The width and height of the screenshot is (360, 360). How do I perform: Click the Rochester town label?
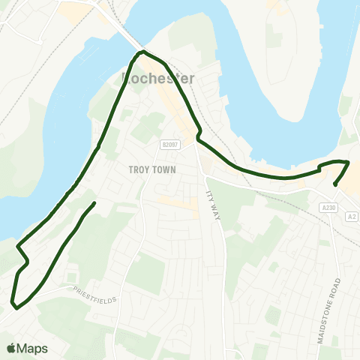(157, 78)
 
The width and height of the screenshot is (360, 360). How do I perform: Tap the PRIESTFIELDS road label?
(95, 295)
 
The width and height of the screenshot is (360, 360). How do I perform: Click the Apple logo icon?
(11, 349)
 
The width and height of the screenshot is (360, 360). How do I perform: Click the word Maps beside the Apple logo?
(33, 349)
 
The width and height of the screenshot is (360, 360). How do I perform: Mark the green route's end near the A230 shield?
(334, 184)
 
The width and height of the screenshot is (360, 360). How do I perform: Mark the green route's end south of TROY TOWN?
(94, 203)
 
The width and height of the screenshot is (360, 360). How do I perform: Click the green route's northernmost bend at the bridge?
(142, 52)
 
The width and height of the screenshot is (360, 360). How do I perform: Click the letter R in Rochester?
(125, 78)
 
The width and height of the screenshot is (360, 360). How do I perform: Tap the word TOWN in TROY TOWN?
(166, 169)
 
